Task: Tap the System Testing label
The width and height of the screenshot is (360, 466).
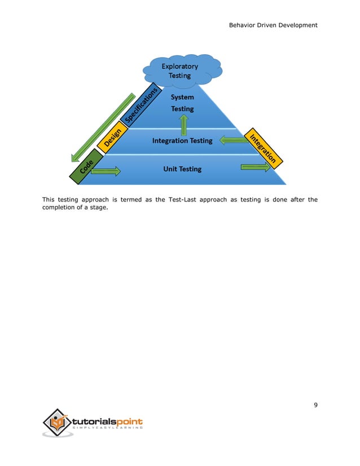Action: [182, 103]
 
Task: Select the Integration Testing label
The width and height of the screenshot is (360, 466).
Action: [182, 140]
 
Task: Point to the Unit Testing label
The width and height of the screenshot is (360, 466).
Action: [182, 169]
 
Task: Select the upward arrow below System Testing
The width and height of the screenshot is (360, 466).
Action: [183, 125]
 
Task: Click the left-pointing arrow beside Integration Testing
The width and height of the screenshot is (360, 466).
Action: [233, 140]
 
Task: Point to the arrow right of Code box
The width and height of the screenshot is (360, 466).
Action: [109, 170]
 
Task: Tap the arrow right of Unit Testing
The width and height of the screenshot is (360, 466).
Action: [256, 167]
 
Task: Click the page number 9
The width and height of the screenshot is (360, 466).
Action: [315, 405]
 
